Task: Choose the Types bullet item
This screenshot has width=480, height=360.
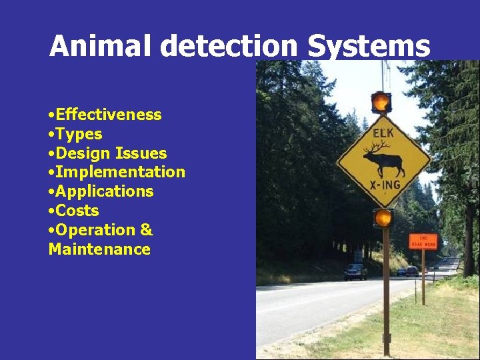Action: pyautogui.click(x=79, y=134)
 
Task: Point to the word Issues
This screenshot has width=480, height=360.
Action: pyautogui.click(x=141, y=153)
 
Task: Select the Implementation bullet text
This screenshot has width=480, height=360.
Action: pyautogui.click(x=120, y=172)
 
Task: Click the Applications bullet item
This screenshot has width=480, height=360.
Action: pyautogui.click(x=104, y=191)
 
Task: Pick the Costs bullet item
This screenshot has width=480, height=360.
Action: pyautogui.click(x=77, y=211)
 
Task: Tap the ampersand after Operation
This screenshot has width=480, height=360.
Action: pyautogui.click(x=146, y=230)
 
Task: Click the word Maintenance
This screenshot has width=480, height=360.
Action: pyautogui.click(x=99, y=249)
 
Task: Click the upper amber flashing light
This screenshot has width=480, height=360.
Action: pyautogui.click(x=381, y=102)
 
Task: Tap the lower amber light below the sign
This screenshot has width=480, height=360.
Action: pyautogui.click(x=383, y=217)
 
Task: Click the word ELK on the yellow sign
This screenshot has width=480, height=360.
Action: pyautogui.click(x=383, y=133)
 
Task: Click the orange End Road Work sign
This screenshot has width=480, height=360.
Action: pyautogui.click(x=423, y=241)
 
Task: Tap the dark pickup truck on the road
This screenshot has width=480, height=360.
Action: pyautogui.click(x=355, y=271)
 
